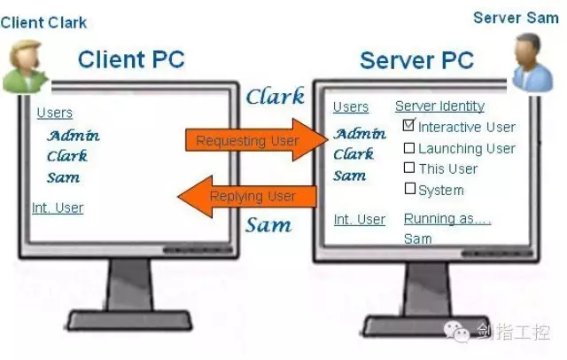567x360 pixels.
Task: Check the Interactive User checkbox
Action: (x=409, y=126)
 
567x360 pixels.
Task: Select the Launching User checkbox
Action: (x=409, y=148)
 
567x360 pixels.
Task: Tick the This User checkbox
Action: (x=409, y=168)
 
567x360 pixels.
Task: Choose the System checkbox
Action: (x=409, y=188)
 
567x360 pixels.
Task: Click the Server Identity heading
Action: (x=439, y=106)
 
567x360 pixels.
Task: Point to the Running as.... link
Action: (x=447, y=218)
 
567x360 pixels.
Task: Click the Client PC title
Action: (x=131, y=60)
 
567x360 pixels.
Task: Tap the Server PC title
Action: (x=416, y=61)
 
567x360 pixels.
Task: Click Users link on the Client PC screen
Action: (x=55, y=113)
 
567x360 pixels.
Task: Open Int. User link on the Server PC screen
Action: (x=359, y=219)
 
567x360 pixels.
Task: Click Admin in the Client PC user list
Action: (x=74, y=136)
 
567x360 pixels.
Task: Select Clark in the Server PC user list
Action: (x=353, y=154)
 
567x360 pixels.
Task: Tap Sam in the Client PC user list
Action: (x=64, y=177)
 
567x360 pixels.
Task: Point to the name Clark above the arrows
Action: (x=275, y=96)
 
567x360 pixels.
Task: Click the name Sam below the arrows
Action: (x=269, y=223)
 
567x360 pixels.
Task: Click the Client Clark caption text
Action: (x=42, y=22)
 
